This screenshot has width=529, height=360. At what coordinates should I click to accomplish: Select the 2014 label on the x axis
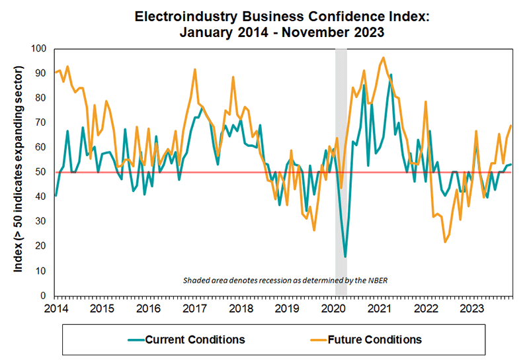[x=55, y=308]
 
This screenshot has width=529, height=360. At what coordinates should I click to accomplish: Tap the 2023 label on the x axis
[x=471, y=308]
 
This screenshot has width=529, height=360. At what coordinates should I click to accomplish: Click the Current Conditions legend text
[x=196, y=339]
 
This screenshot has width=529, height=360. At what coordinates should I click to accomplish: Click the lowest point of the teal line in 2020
[x=345, y=256]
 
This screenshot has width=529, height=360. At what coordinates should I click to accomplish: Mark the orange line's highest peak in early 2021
[x=384, y=58]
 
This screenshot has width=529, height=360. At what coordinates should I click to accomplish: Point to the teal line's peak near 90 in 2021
[x=391, y=75]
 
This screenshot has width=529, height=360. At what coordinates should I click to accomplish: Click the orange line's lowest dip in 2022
[x=445, y=242]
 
